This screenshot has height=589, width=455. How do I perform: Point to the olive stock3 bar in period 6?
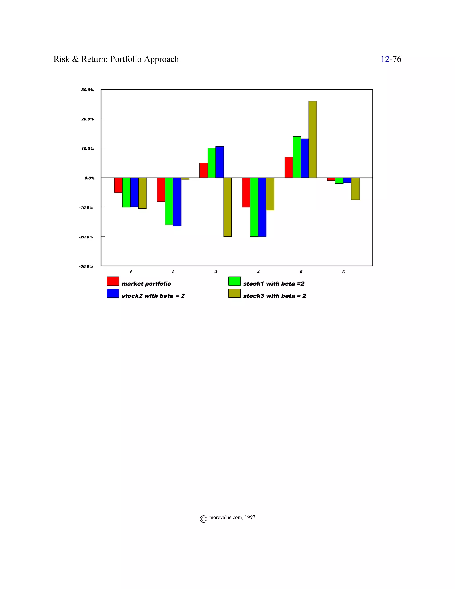click(x=355, y=188)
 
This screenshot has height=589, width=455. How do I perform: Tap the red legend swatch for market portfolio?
click(x=113, y=281)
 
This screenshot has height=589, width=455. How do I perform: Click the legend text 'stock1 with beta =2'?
click(x=273, y=284)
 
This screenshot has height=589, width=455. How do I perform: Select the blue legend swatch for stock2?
click(x=113, y=293)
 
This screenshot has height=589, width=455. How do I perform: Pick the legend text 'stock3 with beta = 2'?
click(x=275, y=296)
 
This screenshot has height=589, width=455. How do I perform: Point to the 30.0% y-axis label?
click(x=87, y=90)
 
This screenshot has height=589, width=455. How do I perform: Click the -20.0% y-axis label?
click(x=86, y=237)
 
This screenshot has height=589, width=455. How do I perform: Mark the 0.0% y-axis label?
click(x=89, y=178)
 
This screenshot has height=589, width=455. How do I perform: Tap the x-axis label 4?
click(x=258, y=272)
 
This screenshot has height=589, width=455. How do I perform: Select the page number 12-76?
click(x=391, y=59)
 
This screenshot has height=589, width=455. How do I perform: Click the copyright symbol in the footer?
click(x=204, y=519)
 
